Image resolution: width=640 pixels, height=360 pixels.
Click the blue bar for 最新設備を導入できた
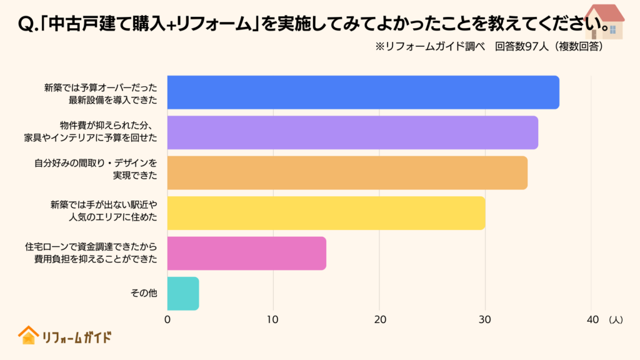tap(362, 92)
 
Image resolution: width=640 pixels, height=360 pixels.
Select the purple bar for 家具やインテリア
tap(352, 132)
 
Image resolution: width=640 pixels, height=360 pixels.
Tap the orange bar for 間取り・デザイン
tap(347, 172)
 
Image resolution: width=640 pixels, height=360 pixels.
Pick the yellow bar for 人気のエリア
tap(326, 213)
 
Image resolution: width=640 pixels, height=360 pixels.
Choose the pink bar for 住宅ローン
tap(246, 253)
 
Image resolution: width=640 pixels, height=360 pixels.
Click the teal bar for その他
tap(182, 294)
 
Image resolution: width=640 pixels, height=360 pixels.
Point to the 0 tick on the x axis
tap(167, 319)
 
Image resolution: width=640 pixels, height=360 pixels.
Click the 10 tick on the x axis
tap(273, 319)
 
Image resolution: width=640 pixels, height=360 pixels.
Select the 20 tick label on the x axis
tap(379, 319)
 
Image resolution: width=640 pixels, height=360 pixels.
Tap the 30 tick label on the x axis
tap(485, 319)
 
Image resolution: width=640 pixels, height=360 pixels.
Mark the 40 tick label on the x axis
tap(591, 319)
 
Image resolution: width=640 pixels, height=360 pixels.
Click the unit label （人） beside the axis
tap(615, 319)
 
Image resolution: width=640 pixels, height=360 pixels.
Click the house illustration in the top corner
tap(603, 21)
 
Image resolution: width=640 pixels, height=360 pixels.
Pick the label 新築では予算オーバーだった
tap(101, 87)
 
